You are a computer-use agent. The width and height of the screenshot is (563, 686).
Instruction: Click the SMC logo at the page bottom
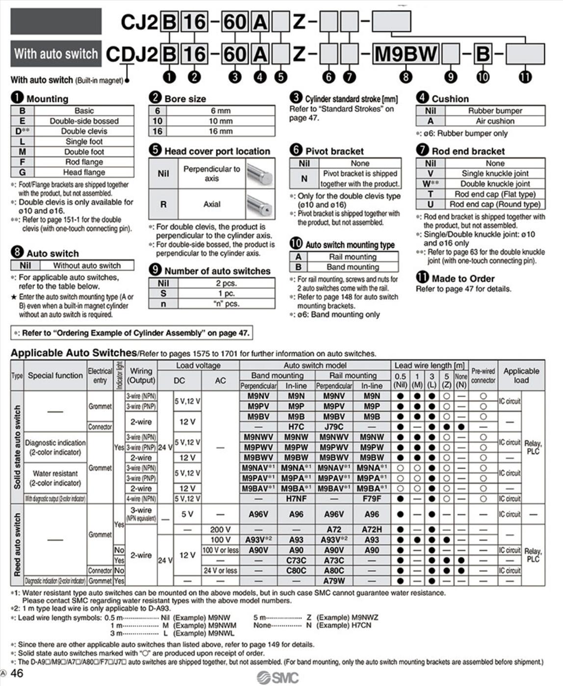tap(278, 678)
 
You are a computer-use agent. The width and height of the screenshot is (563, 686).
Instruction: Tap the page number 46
tap(17, 673)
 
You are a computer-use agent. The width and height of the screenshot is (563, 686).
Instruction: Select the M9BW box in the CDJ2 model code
tap(406, 54)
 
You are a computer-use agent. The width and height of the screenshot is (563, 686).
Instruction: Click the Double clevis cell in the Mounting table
tap(84, 131)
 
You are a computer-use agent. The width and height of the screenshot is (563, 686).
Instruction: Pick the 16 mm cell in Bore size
tap(221, 131)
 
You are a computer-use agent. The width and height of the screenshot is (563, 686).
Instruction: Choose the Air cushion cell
tap(495, 121)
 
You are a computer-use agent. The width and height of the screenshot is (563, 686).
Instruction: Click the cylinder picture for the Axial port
tap(259, 204)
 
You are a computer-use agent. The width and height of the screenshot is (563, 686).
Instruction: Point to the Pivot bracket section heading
tap(334, 151)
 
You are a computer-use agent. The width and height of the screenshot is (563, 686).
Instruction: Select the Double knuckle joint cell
tap(495, 184)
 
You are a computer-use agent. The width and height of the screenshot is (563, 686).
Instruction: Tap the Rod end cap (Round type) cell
tap(495, 204)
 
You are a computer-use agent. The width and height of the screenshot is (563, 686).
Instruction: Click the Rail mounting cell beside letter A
tap(352, 257)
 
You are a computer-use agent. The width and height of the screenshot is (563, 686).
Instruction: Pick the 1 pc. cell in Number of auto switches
tap(226, 294)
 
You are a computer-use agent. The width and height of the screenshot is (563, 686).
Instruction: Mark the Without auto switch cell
tap(87, 266)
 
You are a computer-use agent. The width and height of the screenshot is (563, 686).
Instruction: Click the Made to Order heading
tap(462, 278)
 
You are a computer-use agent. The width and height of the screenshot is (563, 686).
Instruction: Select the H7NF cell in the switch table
tap(296, 499)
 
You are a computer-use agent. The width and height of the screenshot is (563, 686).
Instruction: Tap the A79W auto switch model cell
tap(334, 581)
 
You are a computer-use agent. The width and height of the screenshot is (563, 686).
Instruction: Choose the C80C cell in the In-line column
tap(296, 571)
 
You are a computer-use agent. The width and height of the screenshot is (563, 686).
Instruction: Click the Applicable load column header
tap(521, 375)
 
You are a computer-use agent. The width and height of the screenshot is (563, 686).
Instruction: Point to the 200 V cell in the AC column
tap(220, 530)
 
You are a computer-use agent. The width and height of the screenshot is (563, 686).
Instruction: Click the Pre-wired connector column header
tap(483, 375)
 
